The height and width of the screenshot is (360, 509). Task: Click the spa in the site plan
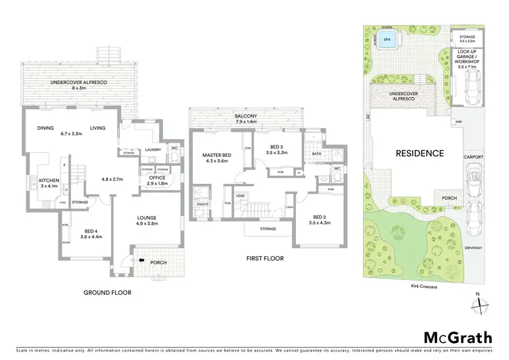click(388, 40)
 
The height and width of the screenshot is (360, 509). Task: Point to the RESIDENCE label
click(420, 154)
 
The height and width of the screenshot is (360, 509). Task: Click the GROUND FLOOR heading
click(107, 293)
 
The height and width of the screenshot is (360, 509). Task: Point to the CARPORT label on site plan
click(474, 157)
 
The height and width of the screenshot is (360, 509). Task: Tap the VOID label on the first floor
click(240, 196)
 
